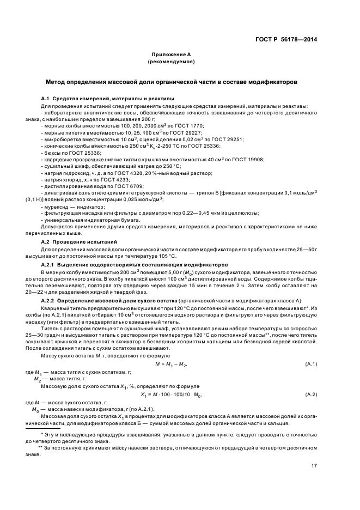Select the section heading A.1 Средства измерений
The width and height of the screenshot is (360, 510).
pos(92,97)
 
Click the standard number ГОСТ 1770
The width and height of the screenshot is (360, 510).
pos(188,125)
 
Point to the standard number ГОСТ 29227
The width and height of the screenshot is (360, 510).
pos(187,132)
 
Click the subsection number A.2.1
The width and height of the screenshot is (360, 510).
pos(50,264)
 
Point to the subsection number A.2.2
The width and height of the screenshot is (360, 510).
pos(50,301)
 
